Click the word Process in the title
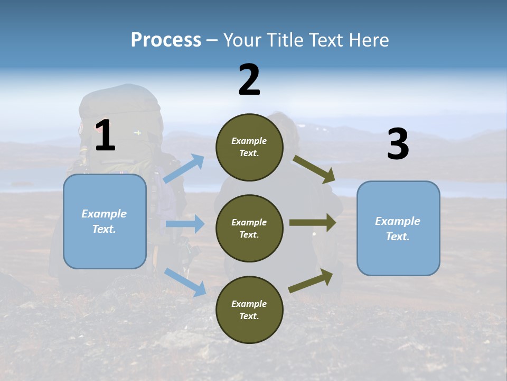pos(166,40)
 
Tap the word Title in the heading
pos(286,40)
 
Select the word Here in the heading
pos(369,40)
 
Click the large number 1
pos(106,135)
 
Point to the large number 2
pos(249,79)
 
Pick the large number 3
pos(398,143)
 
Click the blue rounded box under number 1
pos(105,222)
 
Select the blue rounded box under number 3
pos(398,229)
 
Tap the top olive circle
pos(250,147)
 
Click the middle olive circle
pos(250,229)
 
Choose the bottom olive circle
pos(250,310)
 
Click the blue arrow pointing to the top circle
pos(184,168)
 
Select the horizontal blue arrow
pos(185,223)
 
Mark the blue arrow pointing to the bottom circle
pos(185,283)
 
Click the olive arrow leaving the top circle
pos(314,169)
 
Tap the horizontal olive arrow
pos(313,223)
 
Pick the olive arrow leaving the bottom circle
pos(311,281)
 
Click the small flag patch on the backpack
pos(138,132)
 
